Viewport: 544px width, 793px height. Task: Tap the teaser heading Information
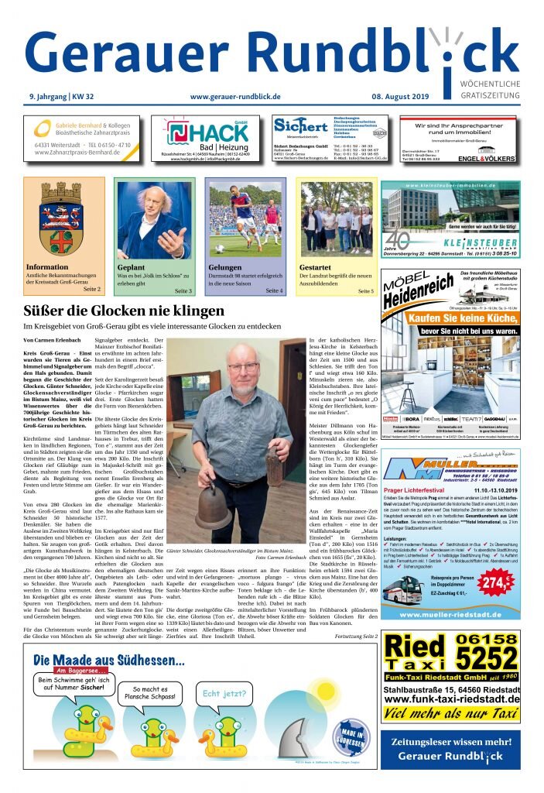pos(47,267)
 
